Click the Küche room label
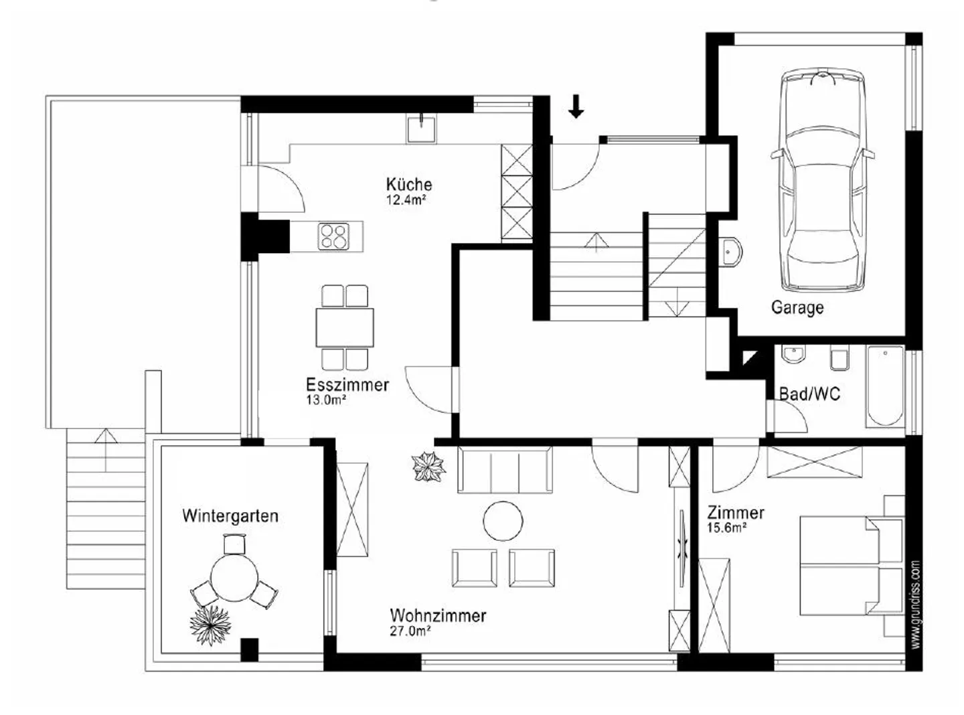click(x=408, y=184)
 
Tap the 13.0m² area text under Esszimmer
click(x=326, y=400)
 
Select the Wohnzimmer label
click(x=438, y=615)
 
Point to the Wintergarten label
click(x=230, y=516)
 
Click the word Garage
click(x=797, y=308)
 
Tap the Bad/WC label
click(x=809, y=394)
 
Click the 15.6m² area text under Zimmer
click(x=727, y=528)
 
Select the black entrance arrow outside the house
click(x=576, y=106)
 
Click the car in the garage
click(x=822, y=179)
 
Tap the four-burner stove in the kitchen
click(x=333, y=236)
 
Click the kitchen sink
click(x=421, y=129)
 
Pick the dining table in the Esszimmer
click(x=345, y=327)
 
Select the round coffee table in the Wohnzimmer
click(x=503, y=521)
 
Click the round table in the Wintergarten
click(x=234, y=578)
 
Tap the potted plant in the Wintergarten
click(x=210, y=625)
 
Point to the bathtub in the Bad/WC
click(x=885, y=386)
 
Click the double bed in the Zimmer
click(x=852, y=566)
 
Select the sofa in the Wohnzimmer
click(x=505, y=469)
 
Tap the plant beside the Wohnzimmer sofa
click(x=428, y=467)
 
